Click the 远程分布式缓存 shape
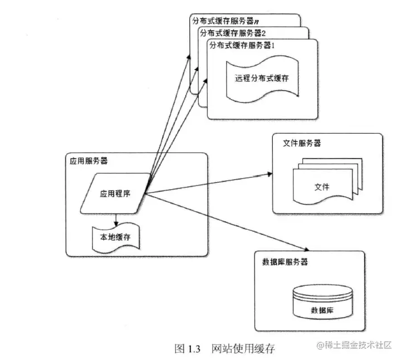point(262,77)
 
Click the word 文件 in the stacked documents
point(321,187)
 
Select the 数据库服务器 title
point(285,261)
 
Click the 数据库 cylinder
point(323,301)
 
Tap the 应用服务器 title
point(89,161)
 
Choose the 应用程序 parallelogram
point(115,193)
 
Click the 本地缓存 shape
point(115,237)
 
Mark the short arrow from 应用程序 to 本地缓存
point(115,219)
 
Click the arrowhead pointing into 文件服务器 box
point(269,175)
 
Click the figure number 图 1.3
point(187,349)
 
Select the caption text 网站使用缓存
point(243,349)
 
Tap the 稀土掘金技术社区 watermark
point(355,346)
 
